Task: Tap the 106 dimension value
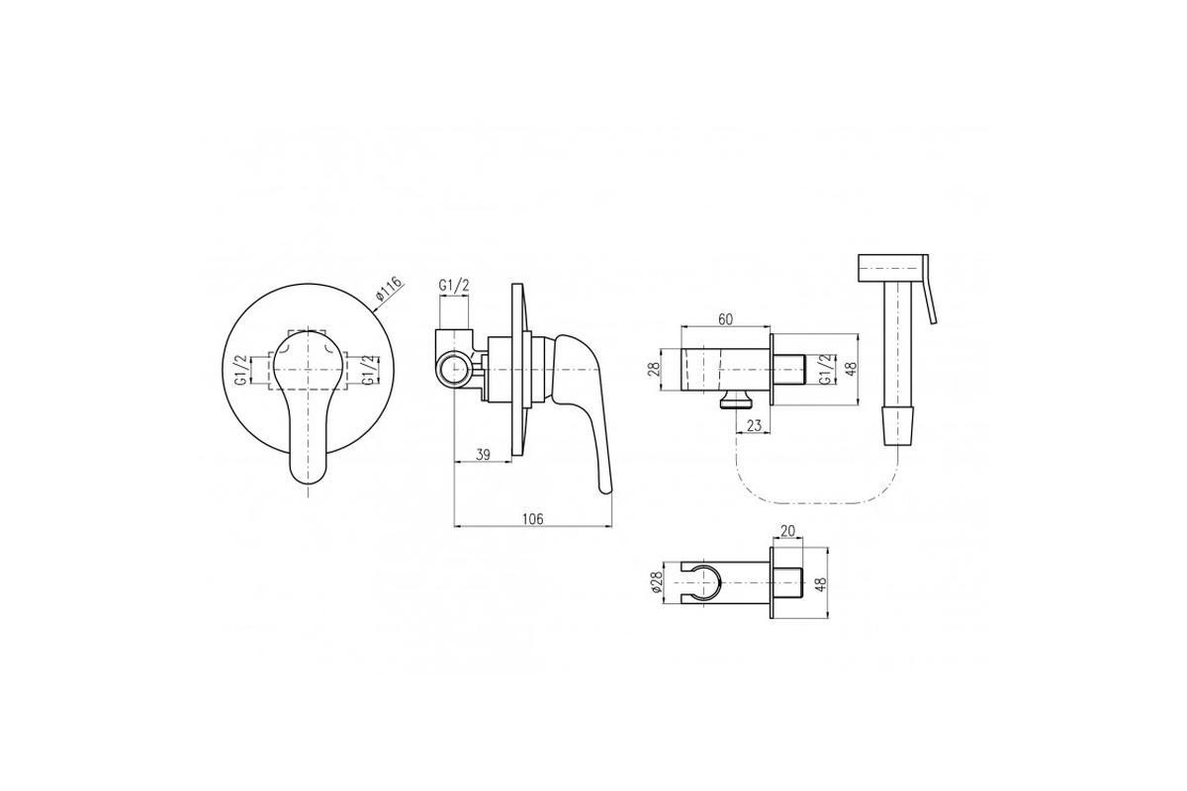tap(532, 519)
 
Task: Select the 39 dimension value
tap(483, 454)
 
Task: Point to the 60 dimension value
tap(725, 319)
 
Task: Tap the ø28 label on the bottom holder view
tap(657, 582)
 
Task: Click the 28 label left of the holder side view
tap(654, 369)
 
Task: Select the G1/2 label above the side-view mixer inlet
tap(454, 285)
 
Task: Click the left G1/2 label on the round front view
tap(241, 370)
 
